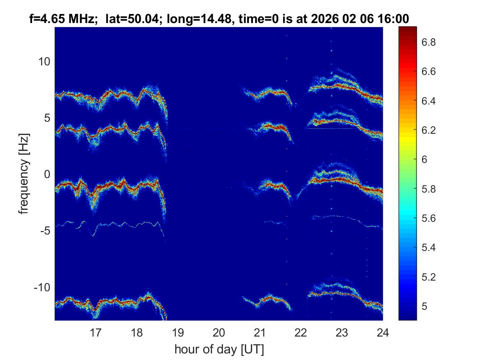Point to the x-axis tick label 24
click(x=383, y=332)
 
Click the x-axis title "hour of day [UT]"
click(x=219, y=350)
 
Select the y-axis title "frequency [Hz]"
click(x=25, y=174)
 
